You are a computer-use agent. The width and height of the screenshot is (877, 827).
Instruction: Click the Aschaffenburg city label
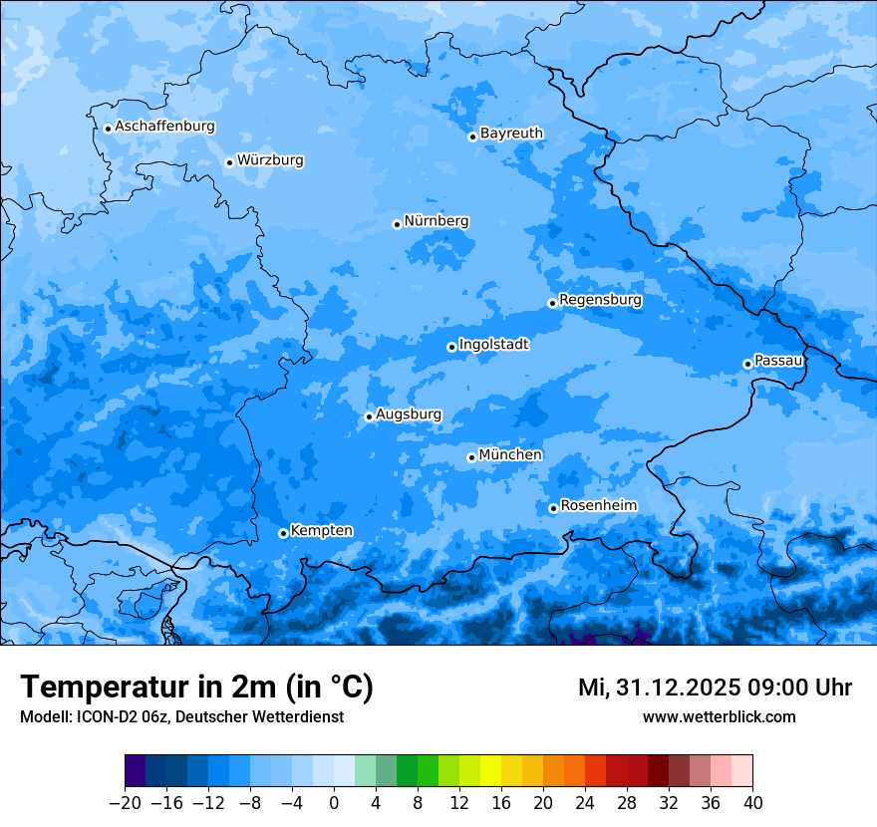coord(164,127)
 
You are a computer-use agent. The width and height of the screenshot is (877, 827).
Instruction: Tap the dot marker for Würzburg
coord(229,162)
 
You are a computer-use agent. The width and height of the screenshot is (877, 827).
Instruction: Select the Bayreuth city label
coord(511,134)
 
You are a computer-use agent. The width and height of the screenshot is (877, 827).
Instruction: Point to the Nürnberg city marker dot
coord(397,224)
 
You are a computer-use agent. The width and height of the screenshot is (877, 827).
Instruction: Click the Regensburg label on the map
coord(600,300)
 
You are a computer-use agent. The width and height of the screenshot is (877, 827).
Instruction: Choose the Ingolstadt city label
coord(493,345)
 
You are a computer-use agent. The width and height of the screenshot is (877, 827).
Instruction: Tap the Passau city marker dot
coord(747,364)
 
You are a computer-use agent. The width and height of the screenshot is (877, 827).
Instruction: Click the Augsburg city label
coord(408,414)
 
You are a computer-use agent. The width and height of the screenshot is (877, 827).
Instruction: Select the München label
coord(510,455)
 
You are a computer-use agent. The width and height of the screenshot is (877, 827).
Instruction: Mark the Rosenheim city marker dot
coord(553,508)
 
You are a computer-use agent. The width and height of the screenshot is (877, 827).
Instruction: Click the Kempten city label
coord(321,531)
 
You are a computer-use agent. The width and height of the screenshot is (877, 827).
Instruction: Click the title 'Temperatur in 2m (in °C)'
coord(196,688)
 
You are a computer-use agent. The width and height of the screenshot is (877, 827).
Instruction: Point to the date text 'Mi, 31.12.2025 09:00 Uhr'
coord(715,688)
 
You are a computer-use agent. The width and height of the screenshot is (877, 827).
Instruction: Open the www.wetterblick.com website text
coord(719,716)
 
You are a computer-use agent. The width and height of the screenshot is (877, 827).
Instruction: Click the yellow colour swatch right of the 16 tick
coord(511,771)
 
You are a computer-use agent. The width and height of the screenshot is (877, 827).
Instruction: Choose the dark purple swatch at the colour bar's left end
coord(135,771)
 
